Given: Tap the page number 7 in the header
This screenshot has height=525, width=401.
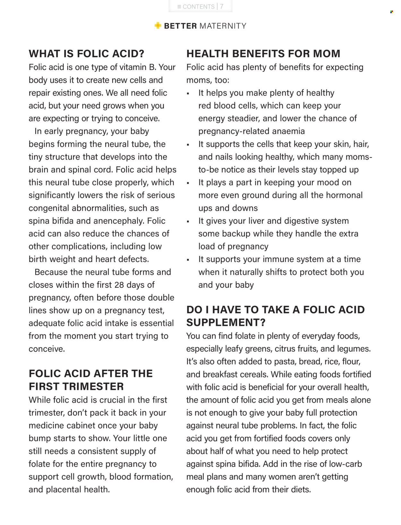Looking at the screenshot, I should coord(222,6).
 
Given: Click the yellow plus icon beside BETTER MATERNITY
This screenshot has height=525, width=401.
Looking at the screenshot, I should coord(158,26).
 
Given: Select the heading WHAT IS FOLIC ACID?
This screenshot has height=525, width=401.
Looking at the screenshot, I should coord(87,54).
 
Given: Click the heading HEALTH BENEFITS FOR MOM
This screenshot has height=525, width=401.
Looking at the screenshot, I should coord(263,54).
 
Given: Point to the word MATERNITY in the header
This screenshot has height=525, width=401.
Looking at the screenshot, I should coord(223,26).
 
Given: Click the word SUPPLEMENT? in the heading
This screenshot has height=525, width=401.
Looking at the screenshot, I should coord(226,322).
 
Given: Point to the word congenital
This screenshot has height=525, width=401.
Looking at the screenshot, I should coord(49,208).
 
